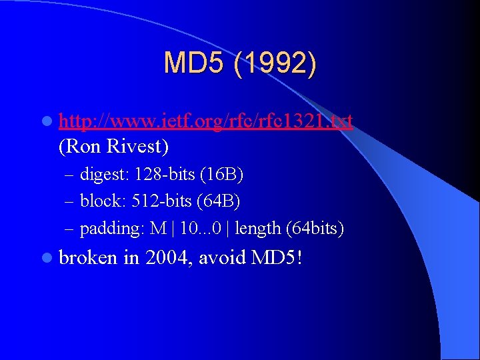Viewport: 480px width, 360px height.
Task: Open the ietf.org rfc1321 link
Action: point(206,121)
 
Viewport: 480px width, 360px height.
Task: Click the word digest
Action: point(103,175)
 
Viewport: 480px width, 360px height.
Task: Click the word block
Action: point(101,201)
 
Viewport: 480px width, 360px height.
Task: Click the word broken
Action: point(88,257)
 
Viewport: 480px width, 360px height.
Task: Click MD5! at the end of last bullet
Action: point(277,257)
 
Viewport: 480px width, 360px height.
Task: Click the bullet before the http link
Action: point(45,121)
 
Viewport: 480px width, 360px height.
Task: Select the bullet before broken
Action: point(45,257)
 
